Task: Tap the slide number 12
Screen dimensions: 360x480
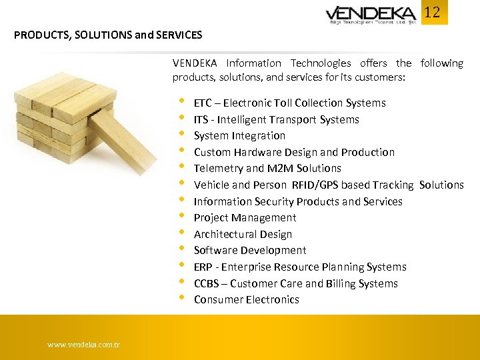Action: [433, 12]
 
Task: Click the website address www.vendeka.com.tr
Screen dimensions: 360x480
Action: [83, 345]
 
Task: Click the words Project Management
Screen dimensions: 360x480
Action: [245, 217]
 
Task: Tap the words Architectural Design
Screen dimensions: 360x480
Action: [243, 234]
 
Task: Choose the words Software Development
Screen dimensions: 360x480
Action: [250, 250]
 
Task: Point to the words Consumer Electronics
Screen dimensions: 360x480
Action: [246, 299]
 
